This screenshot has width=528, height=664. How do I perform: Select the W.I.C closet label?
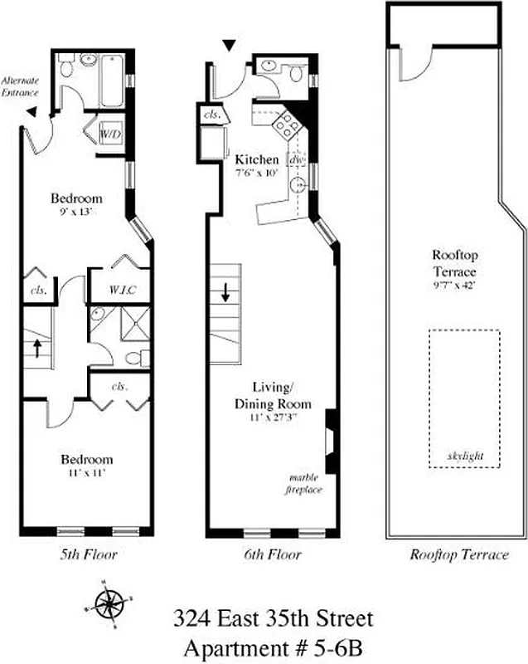pyautogui.click(x=121, y=290)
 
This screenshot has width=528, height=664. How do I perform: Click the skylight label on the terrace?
pyautogui.click(x=464, y=456)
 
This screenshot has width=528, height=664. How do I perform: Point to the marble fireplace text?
pyautogui.click(x=304, y=484)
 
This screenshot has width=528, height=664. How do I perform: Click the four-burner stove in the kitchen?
pyautogui.click(x=287, y=125)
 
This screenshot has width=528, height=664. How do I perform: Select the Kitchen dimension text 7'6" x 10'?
pyautogui.click(x=257, y=173)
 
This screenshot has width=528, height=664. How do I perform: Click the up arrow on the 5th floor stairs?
pyautogui.click(x=36, y=347)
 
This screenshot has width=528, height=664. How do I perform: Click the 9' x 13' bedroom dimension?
pyautogui.click(x=76, y=212)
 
